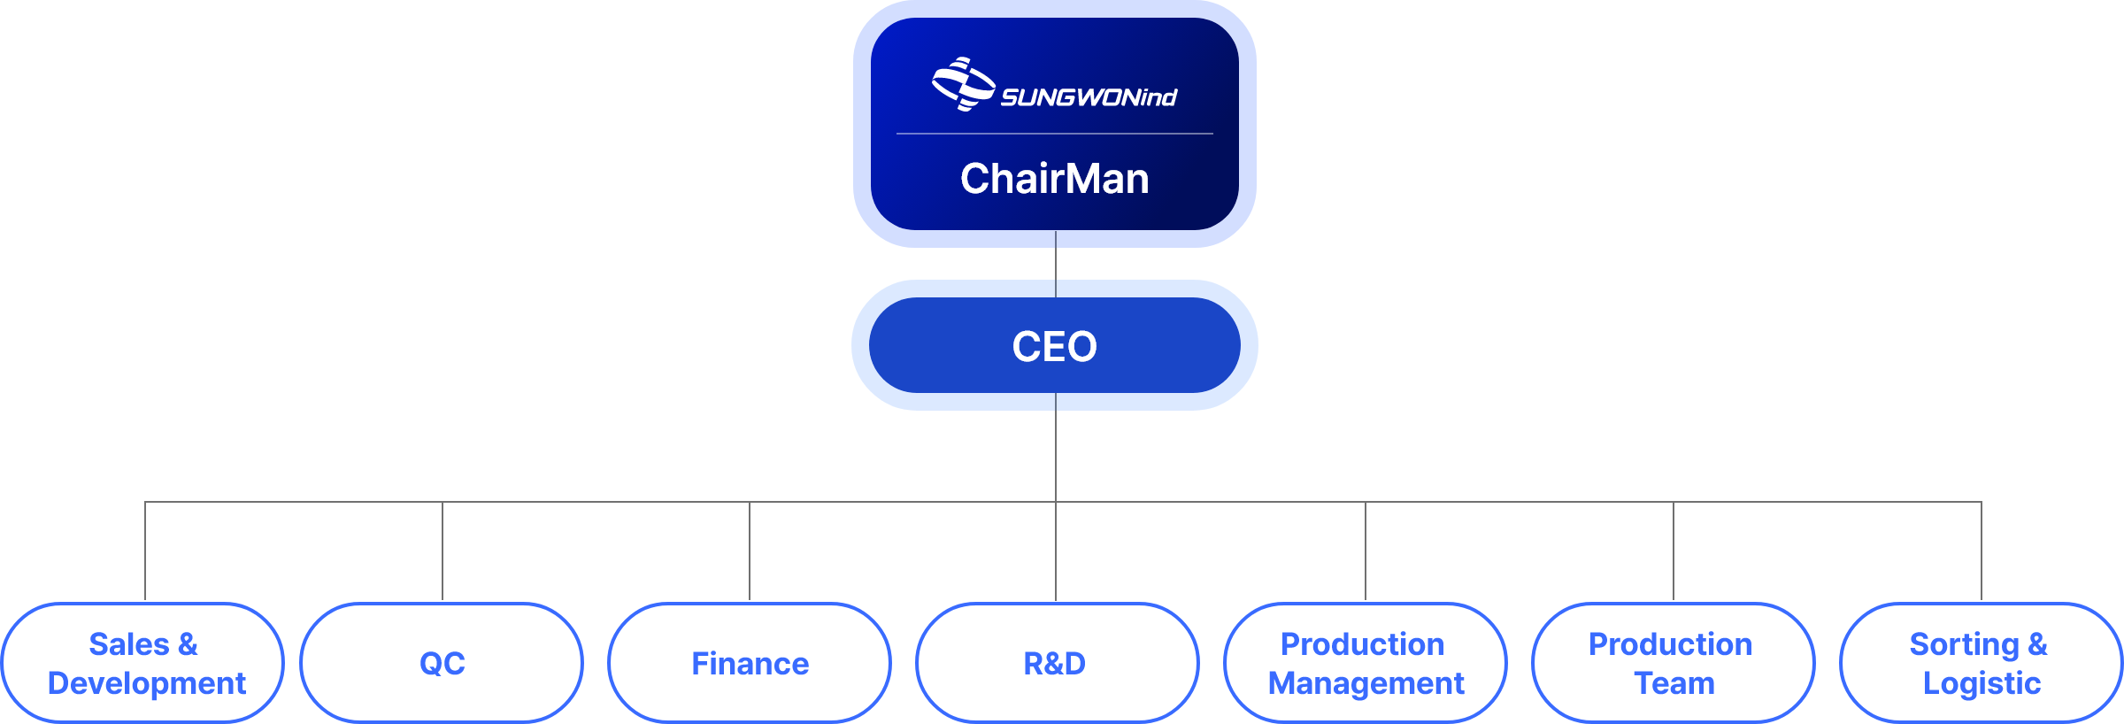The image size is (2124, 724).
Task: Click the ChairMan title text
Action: coord(1054,179)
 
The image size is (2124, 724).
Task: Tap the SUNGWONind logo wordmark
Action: coord(1088,97)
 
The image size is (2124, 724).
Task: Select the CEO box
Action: coord(1054,346)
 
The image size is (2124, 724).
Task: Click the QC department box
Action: coord(442,663)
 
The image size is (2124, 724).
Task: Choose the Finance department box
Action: coord(750,663)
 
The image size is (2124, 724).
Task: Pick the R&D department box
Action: coord(1056,663)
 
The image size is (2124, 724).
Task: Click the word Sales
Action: coord(128,644)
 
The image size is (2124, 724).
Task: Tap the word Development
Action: coord(146,683)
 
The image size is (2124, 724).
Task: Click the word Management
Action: coord(1366,683)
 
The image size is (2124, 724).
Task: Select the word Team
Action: coord(1674,683)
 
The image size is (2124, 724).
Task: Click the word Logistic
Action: coord(1982,683)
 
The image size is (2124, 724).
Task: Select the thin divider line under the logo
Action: coord(1054,134)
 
